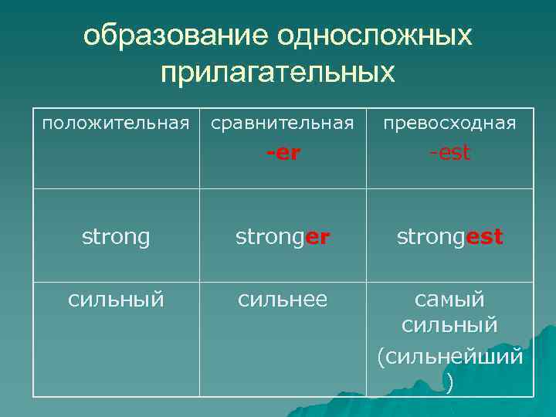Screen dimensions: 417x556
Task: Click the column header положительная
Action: pyautogui.click(x=115, y=123)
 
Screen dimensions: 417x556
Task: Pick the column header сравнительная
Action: pyautogui.click(x=283, y=123)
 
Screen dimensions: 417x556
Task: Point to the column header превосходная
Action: pyautogui.click(x=449, y=123)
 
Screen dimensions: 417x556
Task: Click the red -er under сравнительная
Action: pyautogui.click(x=283, y=153)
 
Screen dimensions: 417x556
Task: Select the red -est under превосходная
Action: pyautogui.click(x=449, y=153)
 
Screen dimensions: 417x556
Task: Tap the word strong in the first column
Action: pyautogui.click(x=116, y=237)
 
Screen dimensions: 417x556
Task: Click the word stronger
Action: pyautogui.click(x=283, y=237)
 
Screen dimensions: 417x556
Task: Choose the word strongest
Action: pyautogui.click(x=449, y=237)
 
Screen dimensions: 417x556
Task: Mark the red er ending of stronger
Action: pyautogui.click(x=317, y=237)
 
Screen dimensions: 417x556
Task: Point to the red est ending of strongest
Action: pyautogui.click(x=486, y=237)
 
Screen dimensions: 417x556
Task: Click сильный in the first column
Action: pyautogui.click(x=116, y=298)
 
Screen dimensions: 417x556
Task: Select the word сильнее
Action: pyautogui.click(x=283, y=298)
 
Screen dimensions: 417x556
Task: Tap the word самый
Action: pyautogui.click(x=449, y=298)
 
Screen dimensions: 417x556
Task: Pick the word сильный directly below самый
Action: pyautogui.click(x=449, y=327)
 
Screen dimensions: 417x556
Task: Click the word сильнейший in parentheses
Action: pyautogui.click(x=454, y=356)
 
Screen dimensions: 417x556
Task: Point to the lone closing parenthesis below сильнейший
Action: pyautogui.click(x=449, y=383)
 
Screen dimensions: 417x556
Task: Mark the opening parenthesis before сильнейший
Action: pyautogui.click(x=381, y=357)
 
